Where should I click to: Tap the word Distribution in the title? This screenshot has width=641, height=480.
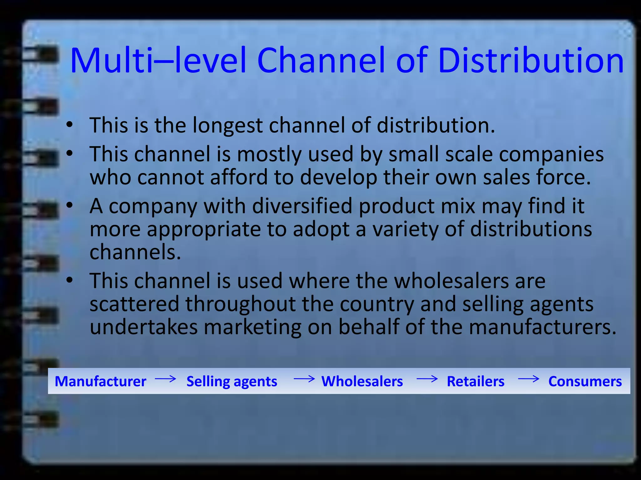tap(531, 60)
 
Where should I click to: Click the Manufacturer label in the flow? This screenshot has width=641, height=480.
tap(100, 381)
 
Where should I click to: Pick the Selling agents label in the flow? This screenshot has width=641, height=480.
tap(232, 382)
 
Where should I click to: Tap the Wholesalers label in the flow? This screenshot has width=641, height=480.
tap(362, 381)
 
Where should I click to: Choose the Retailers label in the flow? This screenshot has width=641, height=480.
tap(475, 381)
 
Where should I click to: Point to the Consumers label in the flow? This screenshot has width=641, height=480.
tap(585, 381)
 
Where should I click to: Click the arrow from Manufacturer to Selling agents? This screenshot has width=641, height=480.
tap(166, 379)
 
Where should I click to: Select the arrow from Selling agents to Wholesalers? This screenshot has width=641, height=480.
tap(304, 379)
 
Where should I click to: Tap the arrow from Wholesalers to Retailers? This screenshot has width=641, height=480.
tap(427, 379)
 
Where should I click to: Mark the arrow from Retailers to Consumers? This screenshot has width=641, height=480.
tap(529, 379)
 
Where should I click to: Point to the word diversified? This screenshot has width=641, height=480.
tap(302, 206)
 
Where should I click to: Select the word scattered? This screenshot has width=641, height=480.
tap(134, 304)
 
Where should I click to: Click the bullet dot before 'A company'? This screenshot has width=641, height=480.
tap(69, 205)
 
